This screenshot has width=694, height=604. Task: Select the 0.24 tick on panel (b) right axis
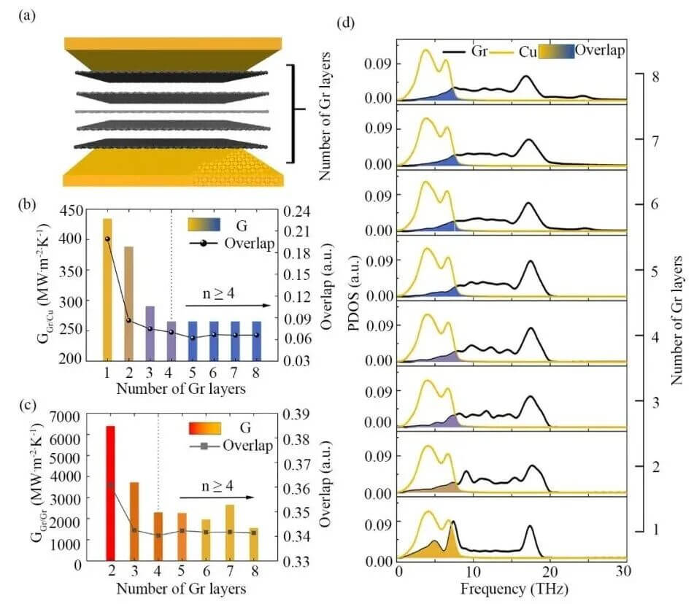point(299,212)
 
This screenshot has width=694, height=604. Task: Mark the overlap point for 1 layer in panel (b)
point(107,239)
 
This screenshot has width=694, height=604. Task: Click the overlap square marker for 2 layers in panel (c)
point(111,485)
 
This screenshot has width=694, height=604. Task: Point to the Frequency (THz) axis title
point(509,586)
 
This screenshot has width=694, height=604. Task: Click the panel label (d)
point(347,20)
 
